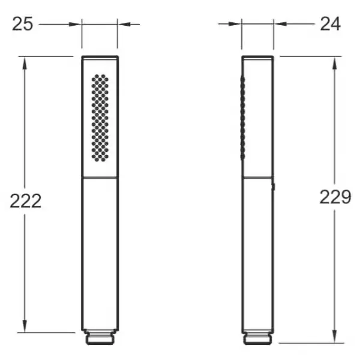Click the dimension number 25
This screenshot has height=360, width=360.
click(x=23, y=24)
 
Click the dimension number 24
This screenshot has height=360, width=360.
click(x=331, y=24)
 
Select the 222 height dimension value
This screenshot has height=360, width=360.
click(x=26, y=201)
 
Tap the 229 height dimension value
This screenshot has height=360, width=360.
click(x=335, y=197)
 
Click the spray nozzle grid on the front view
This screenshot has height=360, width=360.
click(x=100, y=118)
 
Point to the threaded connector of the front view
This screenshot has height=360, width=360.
click(x=100, y=338)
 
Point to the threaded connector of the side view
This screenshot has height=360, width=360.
click(x=257, y=338)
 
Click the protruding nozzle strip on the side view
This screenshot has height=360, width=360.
click(x=242, y=118)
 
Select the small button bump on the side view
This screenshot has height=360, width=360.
click(x=274, y=187)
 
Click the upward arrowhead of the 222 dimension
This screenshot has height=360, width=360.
click(x=25, y=63)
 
